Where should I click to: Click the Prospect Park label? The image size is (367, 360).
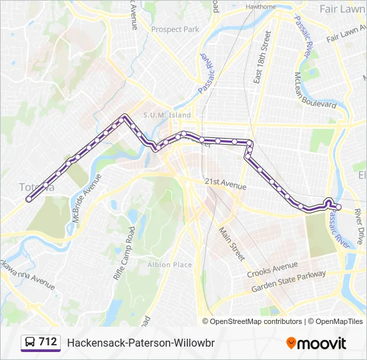point(175,29)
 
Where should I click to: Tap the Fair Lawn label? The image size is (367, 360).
point(342,10)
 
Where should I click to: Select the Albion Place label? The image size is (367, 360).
point(169,265)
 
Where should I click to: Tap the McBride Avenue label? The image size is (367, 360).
point(85,199)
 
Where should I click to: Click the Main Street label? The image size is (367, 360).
point(232,242)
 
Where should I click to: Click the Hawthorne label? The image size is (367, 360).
point(260,7)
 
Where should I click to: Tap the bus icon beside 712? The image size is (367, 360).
point(30,343)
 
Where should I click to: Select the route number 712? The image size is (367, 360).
point(48,342)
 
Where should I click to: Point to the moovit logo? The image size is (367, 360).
point(316,343)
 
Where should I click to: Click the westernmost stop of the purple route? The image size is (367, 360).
point(28,199)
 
